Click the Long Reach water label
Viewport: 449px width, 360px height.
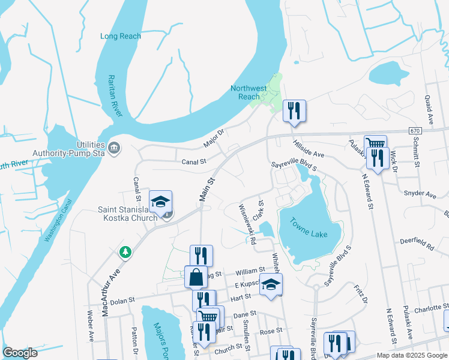coord(121,36)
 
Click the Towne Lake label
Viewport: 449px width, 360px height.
coord(310,229)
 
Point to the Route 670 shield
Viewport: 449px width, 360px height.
coord(415,130)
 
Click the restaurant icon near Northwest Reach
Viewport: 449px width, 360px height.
coord(294,110)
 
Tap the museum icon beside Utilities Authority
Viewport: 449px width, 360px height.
coord(114,147)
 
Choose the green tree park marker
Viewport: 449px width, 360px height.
coord(125,251)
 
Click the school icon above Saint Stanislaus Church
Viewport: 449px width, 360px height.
coord(161,202)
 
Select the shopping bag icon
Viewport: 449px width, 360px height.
coord(196,277)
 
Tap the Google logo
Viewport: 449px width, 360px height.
coord(20,353)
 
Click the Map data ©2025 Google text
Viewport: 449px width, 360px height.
coord(411,355)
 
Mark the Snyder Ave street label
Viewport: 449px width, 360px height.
coord(420,194)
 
